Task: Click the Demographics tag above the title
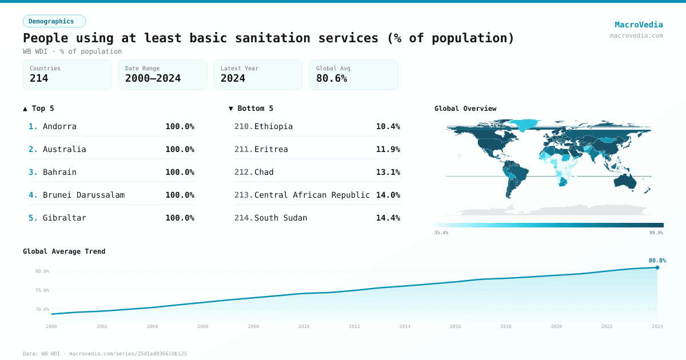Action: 54,21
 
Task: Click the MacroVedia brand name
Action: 639,25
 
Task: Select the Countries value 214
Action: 39,78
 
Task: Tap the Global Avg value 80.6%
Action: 332,78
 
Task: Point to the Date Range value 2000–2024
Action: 153,78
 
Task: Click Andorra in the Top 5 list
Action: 59,126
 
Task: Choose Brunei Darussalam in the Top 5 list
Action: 83,195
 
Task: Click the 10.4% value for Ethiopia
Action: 388,126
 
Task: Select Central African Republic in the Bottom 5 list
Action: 312,195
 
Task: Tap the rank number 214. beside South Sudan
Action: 244,218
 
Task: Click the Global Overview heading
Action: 465,109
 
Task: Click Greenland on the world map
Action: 523,124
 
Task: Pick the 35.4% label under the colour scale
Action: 441,233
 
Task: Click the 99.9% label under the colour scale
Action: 656,233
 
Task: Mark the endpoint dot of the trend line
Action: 657,267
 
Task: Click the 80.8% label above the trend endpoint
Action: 657,261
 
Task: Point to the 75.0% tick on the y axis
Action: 42,290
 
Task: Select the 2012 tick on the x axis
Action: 354,326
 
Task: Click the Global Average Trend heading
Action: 64,251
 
